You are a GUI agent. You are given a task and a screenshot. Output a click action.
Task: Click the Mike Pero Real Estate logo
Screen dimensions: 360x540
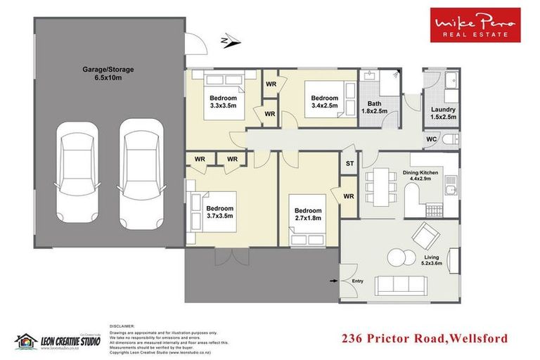coord(475,25)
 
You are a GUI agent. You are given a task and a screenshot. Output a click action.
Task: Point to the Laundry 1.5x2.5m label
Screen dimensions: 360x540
coord(443,113)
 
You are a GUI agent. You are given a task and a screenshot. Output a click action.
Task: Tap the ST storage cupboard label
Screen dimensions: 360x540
coord(349,164)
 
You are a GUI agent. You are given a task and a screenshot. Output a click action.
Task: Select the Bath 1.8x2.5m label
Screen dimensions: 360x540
coord(373,107)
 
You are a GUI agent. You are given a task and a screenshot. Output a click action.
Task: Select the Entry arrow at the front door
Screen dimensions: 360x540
coord(334,282)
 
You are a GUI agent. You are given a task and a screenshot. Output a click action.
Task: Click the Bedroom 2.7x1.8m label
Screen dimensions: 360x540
coord(308,214)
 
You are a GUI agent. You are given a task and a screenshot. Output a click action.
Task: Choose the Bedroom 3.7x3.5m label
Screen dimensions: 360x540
coord(220,212)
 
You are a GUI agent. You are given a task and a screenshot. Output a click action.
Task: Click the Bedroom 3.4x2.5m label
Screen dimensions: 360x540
coord(326,101)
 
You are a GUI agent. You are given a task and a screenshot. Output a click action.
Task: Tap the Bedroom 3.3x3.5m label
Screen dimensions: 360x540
coord(223,101)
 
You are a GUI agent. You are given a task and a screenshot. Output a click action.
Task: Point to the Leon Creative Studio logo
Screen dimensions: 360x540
coord(58,340)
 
